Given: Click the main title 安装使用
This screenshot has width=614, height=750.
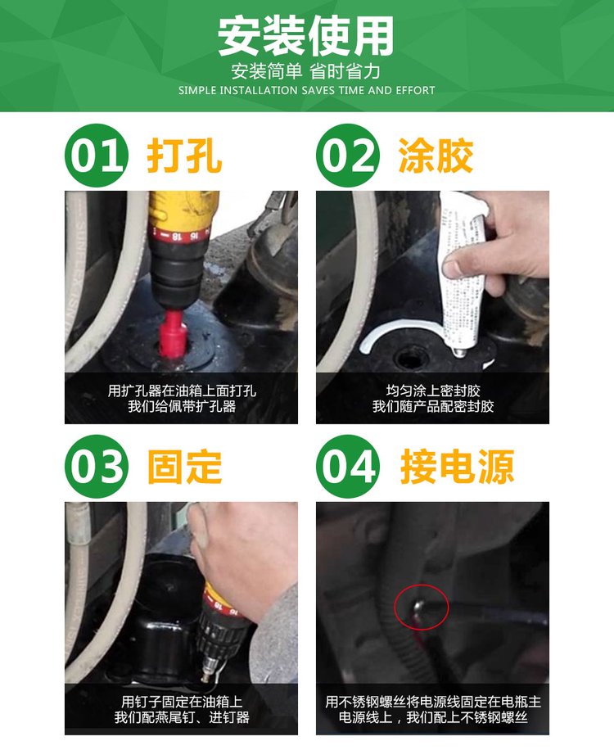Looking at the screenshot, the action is pyautogui.click(x=306, y=36).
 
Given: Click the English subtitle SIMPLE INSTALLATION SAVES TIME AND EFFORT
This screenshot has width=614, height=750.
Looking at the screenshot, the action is pyautogui.click(x=306, y=90).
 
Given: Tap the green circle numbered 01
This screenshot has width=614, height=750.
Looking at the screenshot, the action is pyautogui.click(x=97, y=156).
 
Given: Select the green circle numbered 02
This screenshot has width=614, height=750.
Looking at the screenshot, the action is pyautogui.click(x=348, y=156).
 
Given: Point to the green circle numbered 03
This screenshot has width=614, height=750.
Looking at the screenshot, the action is pyautogui.click(x=97, y=467).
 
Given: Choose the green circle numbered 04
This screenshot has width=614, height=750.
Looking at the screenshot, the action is pyautogui.click(x=348, y=467).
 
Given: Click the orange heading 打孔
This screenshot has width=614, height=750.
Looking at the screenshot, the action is pyautogui.click(x=184, y=156).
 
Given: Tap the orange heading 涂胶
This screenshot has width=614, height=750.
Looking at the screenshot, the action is pyautogui.click(x=436, y=156).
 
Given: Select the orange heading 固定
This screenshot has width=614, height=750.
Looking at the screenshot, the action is pyautogui.click(x=184, y=467).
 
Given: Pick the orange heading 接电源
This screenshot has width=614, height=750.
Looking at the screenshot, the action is pyautogui.click(x=457, y=467).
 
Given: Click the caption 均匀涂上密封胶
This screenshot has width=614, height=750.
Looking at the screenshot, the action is pyautogui.click(x=433, y=391).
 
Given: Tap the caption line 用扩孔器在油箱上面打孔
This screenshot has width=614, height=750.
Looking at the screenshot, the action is pyautogui.click(x=182, y=391).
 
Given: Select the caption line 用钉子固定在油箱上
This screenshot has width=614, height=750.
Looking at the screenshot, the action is pyautogui.click(x=182, y=702).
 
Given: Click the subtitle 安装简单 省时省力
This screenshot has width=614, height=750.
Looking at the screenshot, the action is pyautogui.click(x=306, y=71).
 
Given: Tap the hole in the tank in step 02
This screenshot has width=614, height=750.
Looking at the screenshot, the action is pyautogui.click(x=410, y=357).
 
